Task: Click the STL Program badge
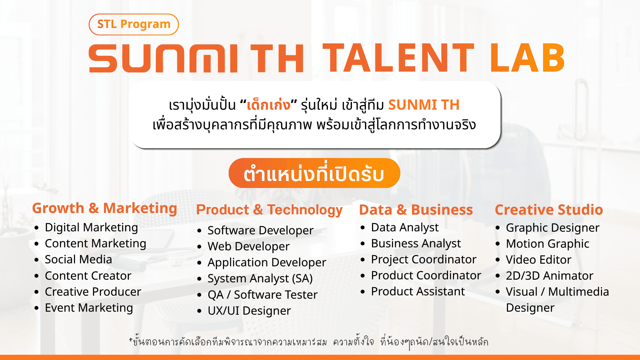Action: coord(134,24)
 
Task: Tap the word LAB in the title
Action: coord(527,58)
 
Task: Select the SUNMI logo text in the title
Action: coord(163,58)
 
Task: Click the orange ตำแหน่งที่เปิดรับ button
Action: coord(314,173)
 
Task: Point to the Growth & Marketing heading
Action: coord(104,208)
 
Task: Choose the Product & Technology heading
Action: coord(269,210)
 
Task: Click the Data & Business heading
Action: coord(416,210)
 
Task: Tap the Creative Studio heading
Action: coord(549,210)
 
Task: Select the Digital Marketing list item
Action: coord(91,228)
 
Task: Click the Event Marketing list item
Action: coord(89,308)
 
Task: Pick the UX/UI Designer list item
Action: coord(249,311)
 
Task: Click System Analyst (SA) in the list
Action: coord(260,279)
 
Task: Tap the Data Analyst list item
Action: coord(405,228)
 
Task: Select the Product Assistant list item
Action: coord(418,292)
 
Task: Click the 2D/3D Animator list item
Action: coord(549,276)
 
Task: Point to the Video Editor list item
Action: coord(538,260)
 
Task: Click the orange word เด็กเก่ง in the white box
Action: coord(268,105)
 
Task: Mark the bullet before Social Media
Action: coord(37,260)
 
